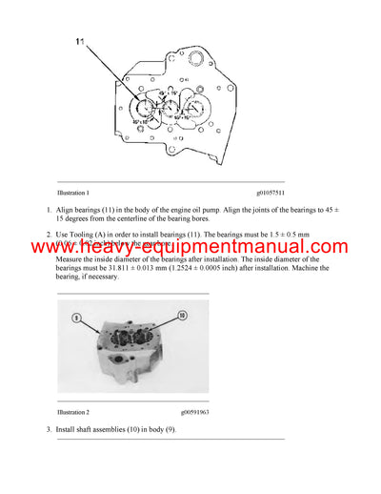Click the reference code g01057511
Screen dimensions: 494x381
pos(270,193)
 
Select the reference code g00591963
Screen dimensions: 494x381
pos(270,412)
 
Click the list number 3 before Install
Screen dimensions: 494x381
pos(49,429)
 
